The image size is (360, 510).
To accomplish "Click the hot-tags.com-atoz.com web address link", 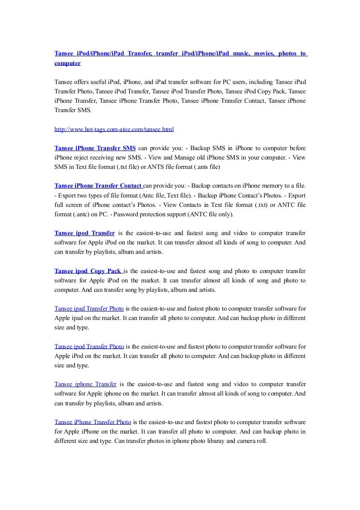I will pyautogui.click(x=114, y=128).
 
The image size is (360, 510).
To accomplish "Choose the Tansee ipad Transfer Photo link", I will pyautogui.click(x=89, y=308).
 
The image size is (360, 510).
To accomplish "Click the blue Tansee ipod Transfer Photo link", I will pyautogui.click(x=89, y=347).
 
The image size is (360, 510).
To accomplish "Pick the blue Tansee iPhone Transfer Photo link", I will pyautogui.click(x=92, y=422).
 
